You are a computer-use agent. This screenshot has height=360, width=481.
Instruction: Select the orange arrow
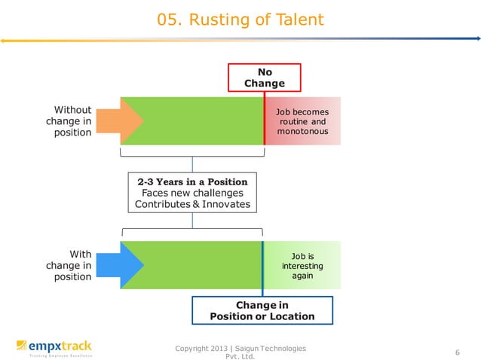(x=120, y=121)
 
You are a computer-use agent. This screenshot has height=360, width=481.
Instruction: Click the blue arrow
(x=120, y=265)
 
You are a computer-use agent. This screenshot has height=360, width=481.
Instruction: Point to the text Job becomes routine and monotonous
(x=302, y=122)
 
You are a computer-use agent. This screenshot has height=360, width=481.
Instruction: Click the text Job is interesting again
(x=302, y=266)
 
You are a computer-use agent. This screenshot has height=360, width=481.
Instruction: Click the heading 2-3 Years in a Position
(x=192, y=182)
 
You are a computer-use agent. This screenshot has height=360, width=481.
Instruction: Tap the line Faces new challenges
(x=192, y=193)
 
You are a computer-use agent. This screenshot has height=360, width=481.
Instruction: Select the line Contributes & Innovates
(x=192, y=204)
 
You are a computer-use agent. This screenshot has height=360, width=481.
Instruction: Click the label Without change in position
(x=69, y=121)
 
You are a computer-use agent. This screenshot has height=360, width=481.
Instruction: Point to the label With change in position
(x=69, y=265)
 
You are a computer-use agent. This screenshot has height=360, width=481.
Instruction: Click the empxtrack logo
(x=54, y=349)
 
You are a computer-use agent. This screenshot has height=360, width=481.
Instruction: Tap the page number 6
(x=458, y=352)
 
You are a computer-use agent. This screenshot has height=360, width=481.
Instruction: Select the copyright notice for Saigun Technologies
(x=240, y=352)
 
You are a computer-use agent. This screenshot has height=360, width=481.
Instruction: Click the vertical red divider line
(x=265, y=118)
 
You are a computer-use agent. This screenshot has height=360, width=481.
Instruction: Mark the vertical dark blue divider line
(x=262, y=269)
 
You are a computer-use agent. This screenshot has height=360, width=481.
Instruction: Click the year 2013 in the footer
(x=219, y=349)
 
